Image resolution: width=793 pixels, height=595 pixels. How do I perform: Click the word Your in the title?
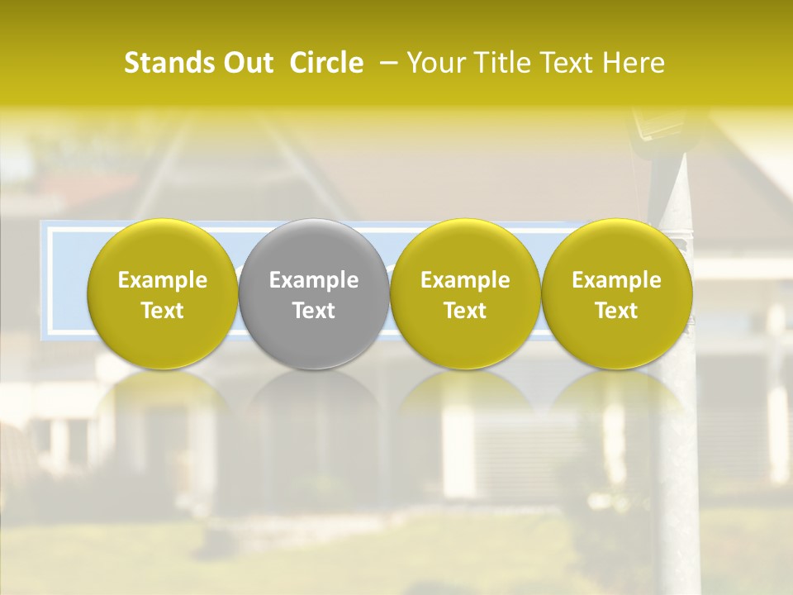(434, 63)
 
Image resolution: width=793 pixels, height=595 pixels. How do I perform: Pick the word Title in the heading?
(498, 63)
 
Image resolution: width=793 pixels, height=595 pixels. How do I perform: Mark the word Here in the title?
(634, 63)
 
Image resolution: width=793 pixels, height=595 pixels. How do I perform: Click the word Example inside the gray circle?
(314, 281)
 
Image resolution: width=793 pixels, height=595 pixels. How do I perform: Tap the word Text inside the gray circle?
(314, 311)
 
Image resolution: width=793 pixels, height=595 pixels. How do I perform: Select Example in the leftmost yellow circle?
(163, 281)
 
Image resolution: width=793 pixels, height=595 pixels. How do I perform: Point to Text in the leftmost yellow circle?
(163, 311)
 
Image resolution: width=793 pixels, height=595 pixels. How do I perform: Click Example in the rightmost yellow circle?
(617, 281)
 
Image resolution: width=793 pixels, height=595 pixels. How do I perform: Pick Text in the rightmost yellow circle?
(617, 311)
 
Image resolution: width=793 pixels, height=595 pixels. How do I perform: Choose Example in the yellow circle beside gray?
(465, 281)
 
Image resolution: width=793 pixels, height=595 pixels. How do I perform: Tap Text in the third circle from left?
(465, 311)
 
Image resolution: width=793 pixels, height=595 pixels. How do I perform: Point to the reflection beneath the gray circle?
(314, 413)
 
